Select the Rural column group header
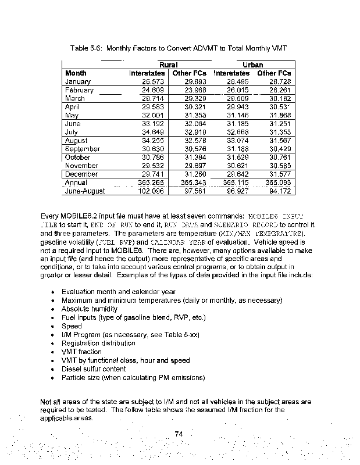[169, 65]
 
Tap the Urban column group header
[253, 65]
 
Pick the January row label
[77, 82]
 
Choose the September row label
[83, 149]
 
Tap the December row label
[81, 174]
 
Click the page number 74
[179, 433]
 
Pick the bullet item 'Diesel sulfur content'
[92, 369]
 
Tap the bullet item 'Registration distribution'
[98, 343]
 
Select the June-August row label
[85, 191]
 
